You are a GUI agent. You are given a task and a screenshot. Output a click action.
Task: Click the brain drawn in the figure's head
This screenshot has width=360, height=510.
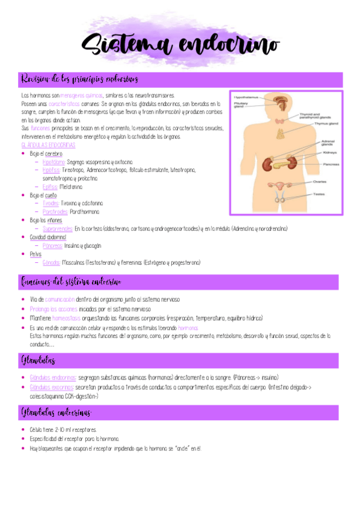280,100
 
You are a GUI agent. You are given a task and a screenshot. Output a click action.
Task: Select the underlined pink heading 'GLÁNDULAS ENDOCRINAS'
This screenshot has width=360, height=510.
48,146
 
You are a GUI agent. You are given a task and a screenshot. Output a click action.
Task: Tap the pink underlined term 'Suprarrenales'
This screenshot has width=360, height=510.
58,229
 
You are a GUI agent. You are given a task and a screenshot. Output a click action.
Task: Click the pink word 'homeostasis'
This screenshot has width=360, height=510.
69,318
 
